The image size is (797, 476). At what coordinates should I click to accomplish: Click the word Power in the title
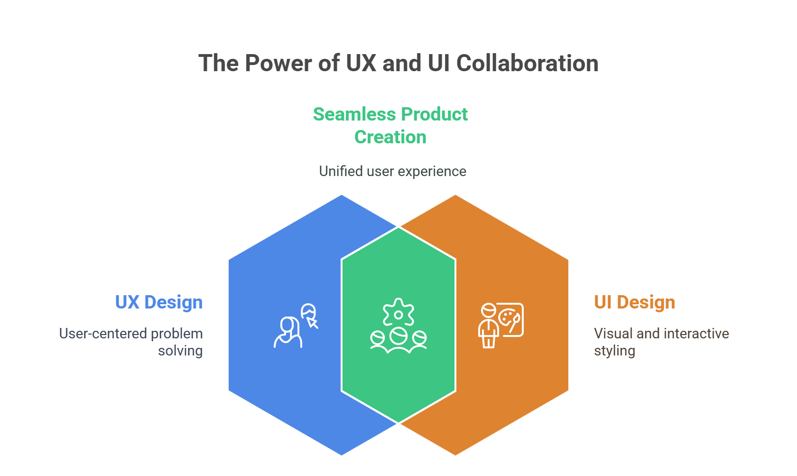[x=278, y=64]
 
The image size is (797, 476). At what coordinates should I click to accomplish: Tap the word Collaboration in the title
[x=528, y=64]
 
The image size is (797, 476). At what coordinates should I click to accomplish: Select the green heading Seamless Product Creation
[x=390, y=126]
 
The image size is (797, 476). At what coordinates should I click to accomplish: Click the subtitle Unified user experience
[x=392, y=171]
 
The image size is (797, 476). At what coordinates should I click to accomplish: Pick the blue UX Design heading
[x=158, y=302]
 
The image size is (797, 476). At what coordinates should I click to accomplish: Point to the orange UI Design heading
[x=634, y=302]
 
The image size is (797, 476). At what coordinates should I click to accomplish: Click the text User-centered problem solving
[x=131, y=342]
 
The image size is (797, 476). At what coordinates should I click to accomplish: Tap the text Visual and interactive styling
[x=661, y=342]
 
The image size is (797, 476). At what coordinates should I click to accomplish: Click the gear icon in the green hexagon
[x=398, y=313]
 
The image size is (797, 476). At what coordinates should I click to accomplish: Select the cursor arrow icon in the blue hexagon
[x=313, y=323]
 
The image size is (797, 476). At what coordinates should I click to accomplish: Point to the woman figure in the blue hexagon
[x=288, y=332]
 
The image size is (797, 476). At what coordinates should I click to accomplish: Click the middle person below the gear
[x=398, y=340]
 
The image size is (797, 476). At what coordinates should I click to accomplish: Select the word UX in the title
[x=361, y=64]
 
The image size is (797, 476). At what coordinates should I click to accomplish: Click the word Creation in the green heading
[x=390, y=137]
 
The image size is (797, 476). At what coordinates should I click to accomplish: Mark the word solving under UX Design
[x=180, y=351]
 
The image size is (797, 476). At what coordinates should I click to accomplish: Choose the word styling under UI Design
[x=614, y=351]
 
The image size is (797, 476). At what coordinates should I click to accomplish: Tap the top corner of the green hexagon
[x=398, y=227]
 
